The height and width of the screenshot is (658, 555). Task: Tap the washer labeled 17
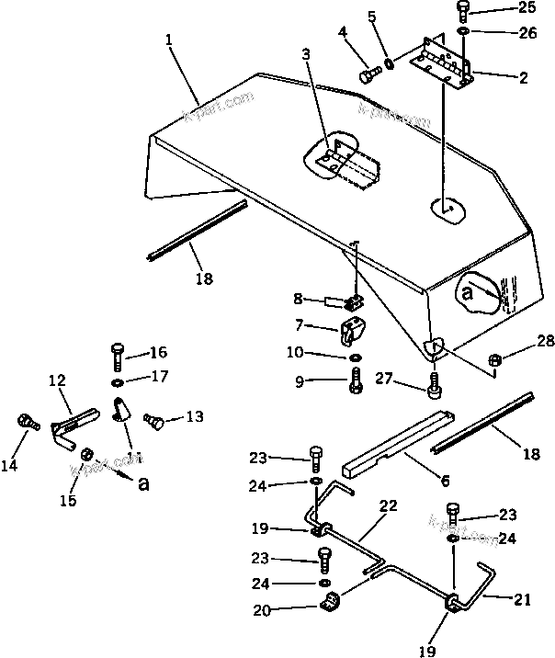117,381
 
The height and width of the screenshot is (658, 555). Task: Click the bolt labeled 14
27,424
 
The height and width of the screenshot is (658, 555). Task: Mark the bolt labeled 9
356,380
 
